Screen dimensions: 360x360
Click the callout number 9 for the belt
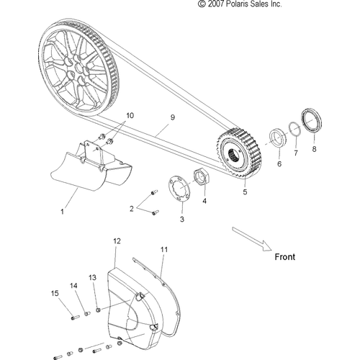tap(173, 117)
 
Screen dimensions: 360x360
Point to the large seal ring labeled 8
tap(312, 120)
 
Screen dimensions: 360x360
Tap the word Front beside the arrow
tap(285, 257)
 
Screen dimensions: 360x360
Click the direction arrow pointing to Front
tap(252, 239)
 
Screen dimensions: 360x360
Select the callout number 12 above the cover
tap(117, 241)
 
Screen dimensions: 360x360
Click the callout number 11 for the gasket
tap(164, 250)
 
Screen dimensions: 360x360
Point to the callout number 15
tap(55, 293)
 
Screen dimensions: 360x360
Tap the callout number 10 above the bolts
tap(130, 115)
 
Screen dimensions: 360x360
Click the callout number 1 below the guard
tap(62, 212)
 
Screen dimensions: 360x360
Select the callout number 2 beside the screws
tap(132, 209)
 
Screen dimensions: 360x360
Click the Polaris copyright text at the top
tap(240, 4)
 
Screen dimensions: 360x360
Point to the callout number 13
tap(92, 277)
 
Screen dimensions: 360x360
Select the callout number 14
tap(73, 286)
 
